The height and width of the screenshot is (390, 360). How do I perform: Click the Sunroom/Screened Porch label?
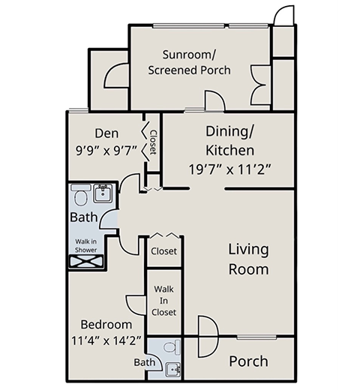[189, 62]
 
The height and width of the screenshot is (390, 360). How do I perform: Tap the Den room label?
[106, 133]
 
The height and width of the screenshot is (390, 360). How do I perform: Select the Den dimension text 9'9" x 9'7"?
[106, 151]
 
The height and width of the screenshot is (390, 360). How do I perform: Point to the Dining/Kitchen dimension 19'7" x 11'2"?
[229, 169]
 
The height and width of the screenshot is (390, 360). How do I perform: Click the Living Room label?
[249, 259]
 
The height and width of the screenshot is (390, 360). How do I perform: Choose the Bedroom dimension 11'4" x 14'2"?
[106, 340]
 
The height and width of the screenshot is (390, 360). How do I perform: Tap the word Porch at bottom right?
[248, 361]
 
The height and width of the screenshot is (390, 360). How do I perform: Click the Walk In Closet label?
[163, 301]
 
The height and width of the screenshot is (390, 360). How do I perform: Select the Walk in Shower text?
[85, 246]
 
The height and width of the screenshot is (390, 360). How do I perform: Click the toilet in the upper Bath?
[80, 195]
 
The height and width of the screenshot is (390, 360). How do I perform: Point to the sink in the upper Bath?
[103, 193]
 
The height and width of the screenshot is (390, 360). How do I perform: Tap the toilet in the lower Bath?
[172, 346]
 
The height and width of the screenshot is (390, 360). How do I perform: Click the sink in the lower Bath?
[173, 369]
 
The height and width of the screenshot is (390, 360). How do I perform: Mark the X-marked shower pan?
[86, 262]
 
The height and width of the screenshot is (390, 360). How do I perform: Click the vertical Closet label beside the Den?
[153, 142]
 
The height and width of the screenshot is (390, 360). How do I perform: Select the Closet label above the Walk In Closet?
[163, 251]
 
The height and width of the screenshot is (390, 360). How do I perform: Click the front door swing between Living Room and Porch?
[208, 336]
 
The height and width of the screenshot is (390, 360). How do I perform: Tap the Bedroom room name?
[106, 325]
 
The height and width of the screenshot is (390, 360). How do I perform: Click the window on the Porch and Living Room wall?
[256, 337]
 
